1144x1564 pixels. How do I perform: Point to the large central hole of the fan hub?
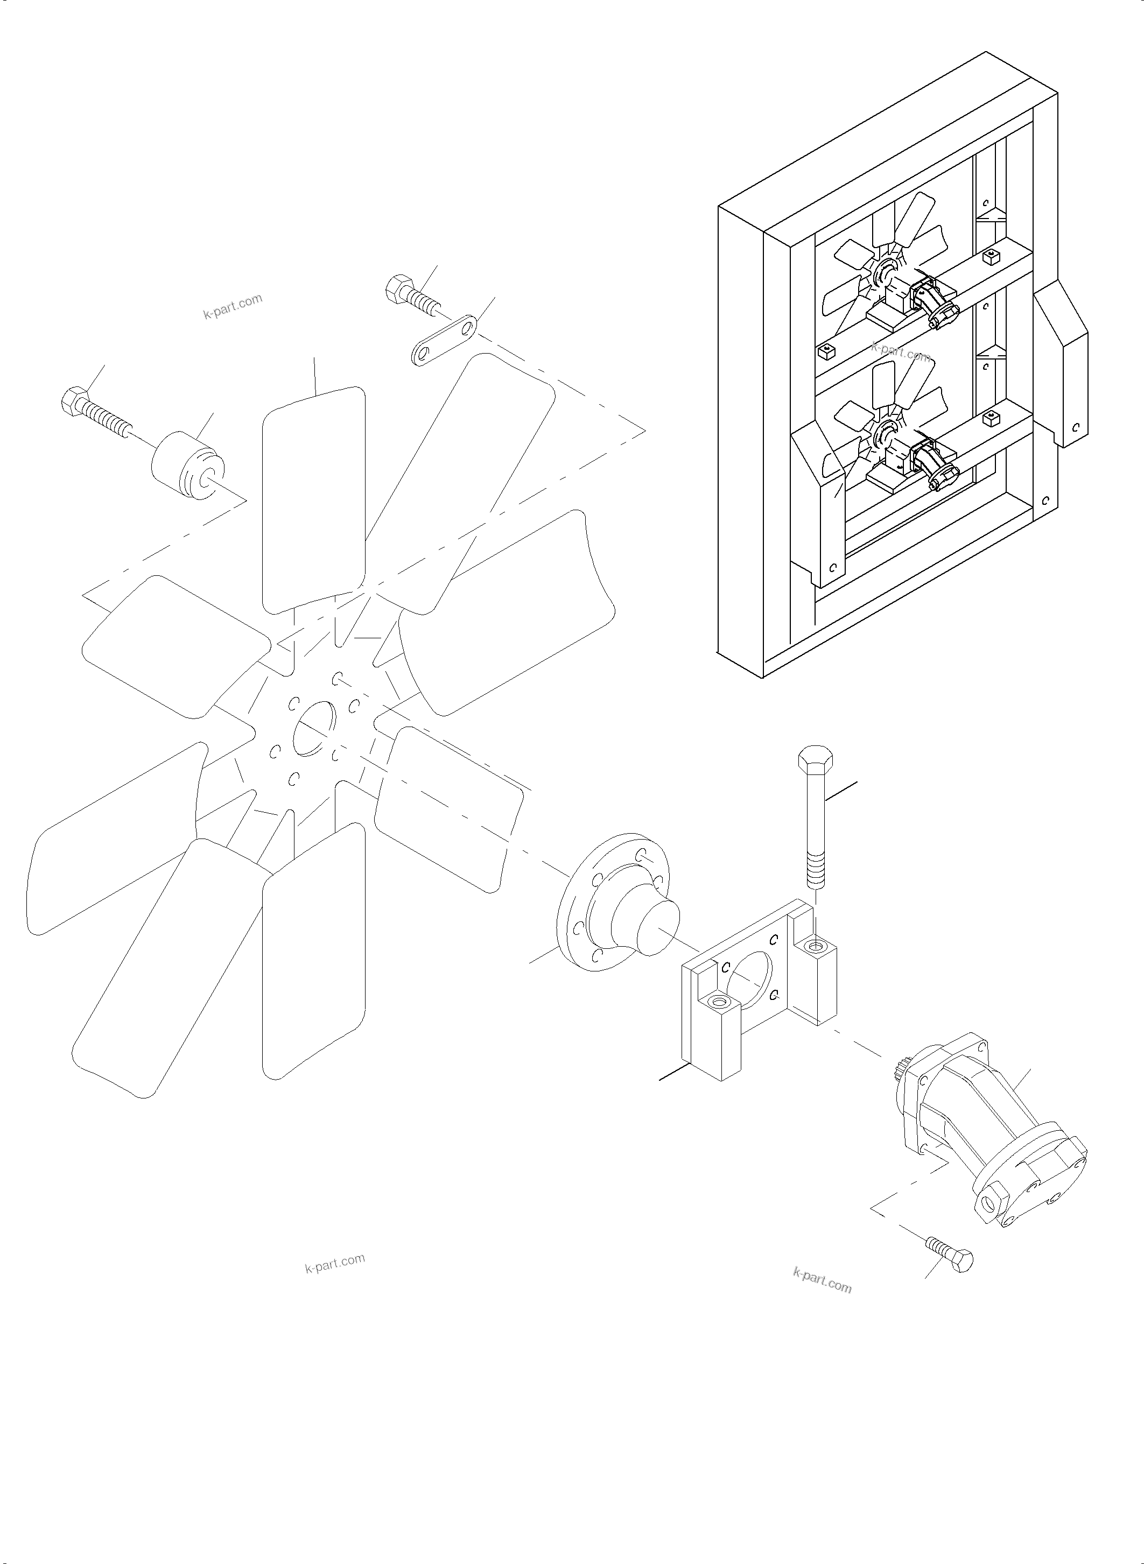[314, 728]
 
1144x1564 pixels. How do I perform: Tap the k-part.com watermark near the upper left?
[233, 306]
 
